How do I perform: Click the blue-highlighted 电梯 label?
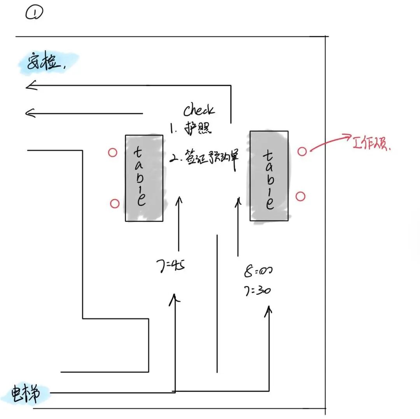(25, 394)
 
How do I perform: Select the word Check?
(199, 110)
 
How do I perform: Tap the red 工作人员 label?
(372, 144)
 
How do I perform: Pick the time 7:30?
(257, 290)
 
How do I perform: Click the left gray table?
(144, 178)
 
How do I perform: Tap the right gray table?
(269, 176)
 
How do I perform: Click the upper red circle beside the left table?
(112, 153)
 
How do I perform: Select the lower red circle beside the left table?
(114, 203)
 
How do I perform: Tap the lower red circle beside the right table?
(300, 196)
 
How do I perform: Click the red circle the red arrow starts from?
(302, 152)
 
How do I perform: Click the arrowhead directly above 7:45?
(179, 200)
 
